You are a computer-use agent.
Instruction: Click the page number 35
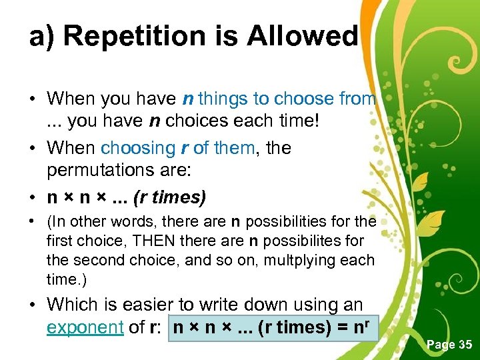pyautogui.click(x=465, y=345)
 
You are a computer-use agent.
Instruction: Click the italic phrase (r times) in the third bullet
pyautogui.click(x=170, y=198)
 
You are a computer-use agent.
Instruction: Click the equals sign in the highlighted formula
pyautogui.click(x=344, y=328)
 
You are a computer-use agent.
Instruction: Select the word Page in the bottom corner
pyautogui.click(x=437, y=345)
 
